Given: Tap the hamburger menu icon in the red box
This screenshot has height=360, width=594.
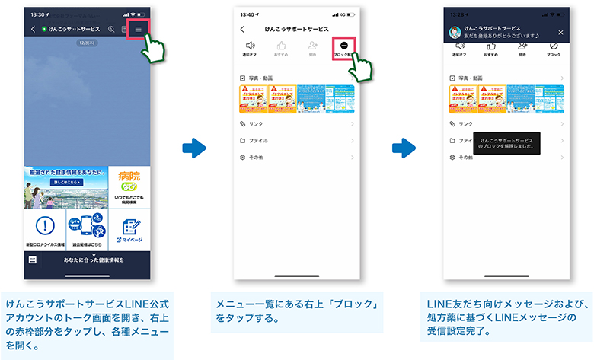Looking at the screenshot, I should pyautogui.click(x=139, y=29).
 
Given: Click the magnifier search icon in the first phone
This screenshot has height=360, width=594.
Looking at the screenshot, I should pyautogui.click(x=111, y=29).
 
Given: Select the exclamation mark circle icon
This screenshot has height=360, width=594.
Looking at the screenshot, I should pyautogui.click(x=45, y=226).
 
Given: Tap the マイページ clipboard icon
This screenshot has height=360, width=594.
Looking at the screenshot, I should pyautogui.click(x=129, y=227).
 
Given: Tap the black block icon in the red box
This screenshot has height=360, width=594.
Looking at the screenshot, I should pyautogui.click(x=345, y=46).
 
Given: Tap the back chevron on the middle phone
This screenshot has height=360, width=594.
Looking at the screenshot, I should pyautogui.click(x=242, y=29).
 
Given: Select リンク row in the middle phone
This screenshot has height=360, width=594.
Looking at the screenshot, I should pyautogui.click(x=298, y=123).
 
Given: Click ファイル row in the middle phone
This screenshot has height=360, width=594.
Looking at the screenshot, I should pyautogui.click(x=298, y=140).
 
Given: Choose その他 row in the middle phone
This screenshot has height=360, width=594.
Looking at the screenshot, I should pyautogui.click(x=298, y=157).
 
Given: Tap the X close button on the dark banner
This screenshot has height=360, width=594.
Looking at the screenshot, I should pyautogui.click(x=561, y=33).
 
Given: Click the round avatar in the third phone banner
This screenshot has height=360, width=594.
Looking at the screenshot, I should pyautogui.click(x=455, y=33).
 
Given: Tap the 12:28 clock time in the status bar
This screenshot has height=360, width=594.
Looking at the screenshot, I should pyautogui.click(x=458, y=14).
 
